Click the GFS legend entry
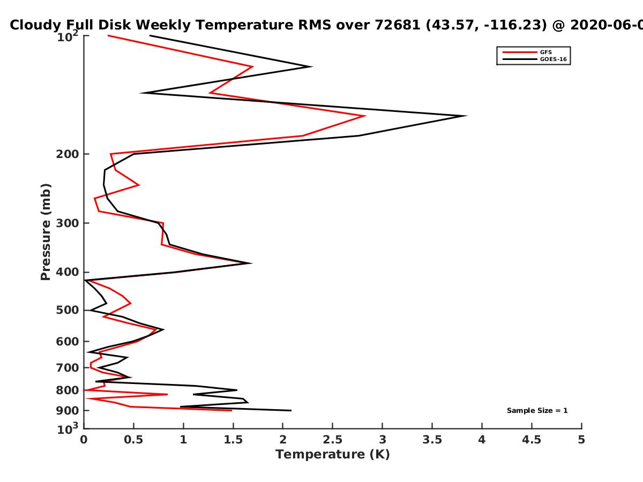click(527, 52)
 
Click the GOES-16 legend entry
click(535, 59)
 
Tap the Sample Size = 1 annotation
click(537, 411)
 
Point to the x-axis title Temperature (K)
click(333, 455)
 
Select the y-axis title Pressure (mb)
click(46, 232)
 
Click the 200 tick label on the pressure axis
click(68, 154)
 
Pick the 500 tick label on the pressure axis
click(68, 310)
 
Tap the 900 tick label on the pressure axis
click(68, 411)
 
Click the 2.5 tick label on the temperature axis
click(333, 440)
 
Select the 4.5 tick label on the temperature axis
click(532, 440)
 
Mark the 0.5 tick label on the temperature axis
click(133, 440)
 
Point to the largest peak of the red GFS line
click(365, 116)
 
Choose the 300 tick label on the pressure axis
click(68, 223)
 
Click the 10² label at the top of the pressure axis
click(68, 36)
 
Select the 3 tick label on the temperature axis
click(382, 440)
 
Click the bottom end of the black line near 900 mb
click(291, 411)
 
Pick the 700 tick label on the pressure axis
click(68, 367)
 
